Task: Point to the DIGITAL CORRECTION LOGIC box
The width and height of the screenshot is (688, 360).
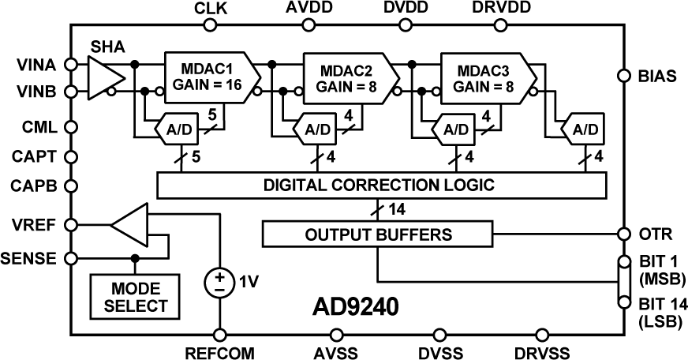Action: coord(382,186)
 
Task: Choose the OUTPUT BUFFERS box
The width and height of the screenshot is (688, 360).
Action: coord(379,234)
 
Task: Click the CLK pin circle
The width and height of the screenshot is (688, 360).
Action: coord(210,25)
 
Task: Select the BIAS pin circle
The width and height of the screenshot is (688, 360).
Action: coord(623,77)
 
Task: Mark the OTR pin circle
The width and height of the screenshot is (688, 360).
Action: coord(623,234)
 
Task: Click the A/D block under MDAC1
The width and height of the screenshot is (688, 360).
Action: coord(181,129)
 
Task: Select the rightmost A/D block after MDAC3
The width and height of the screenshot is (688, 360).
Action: coord(584,129)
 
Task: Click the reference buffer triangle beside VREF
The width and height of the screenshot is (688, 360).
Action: coord(131,224)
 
